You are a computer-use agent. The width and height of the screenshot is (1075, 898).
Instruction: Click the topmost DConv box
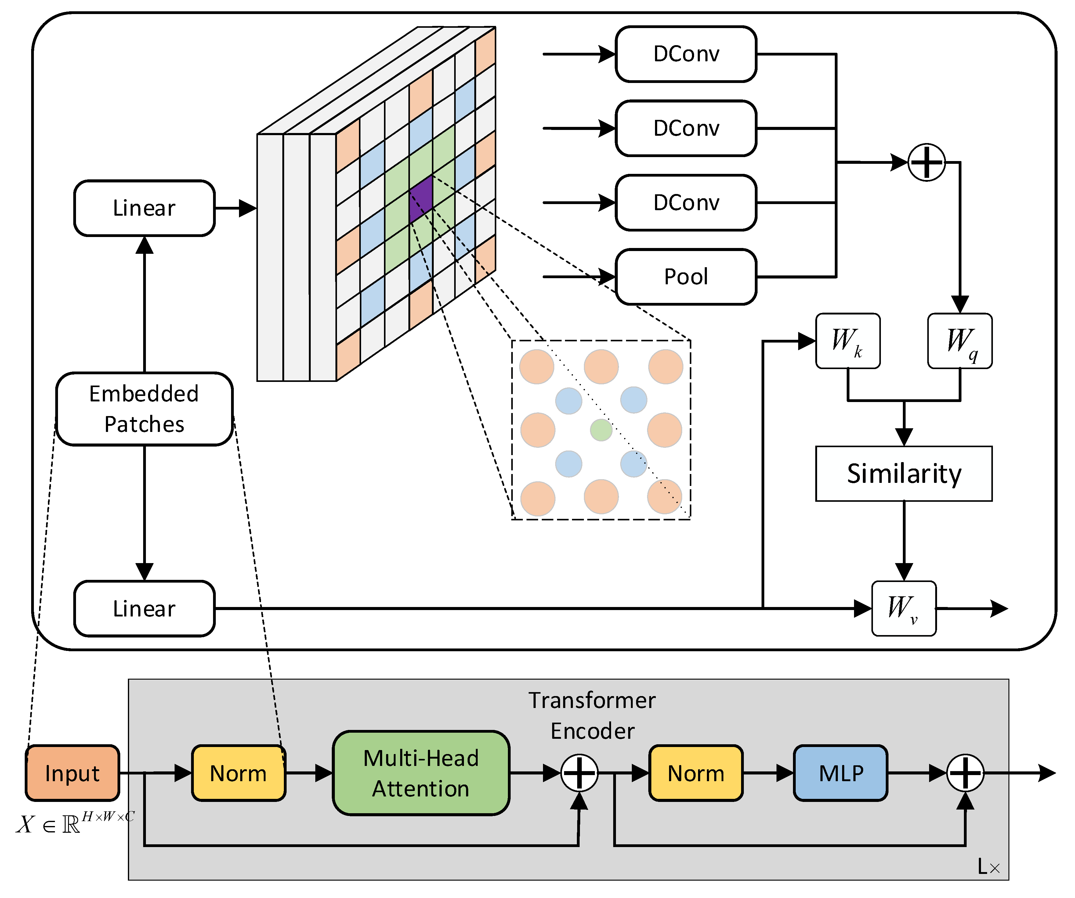(x=686, y=54)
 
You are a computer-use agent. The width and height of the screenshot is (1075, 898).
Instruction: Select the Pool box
(x=686, y=277)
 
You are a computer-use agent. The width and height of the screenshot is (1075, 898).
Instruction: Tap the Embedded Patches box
(x=144, y=409)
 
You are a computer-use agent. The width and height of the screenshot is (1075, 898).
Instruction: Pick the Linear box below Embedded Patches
(x=144, y=609)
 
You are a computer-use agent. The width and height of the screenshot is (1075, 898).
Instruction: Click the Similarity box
(x=903, y=473)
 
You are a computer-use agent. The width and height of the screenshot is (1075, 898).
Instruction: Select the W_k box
(x=848, y=341)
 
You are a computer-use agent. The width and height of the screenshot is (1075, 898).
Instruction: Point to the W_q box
(x=960, y=341)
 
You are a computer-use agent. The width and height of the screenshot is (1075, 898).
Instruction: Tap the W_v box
(x=903, y=609)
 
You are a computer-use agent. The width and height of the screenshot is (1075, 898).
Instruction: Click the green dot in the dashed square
(x=601, y=430)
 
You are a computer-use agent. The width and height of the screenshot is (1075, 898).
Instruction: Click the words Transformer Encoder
(x=592, y=715)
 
